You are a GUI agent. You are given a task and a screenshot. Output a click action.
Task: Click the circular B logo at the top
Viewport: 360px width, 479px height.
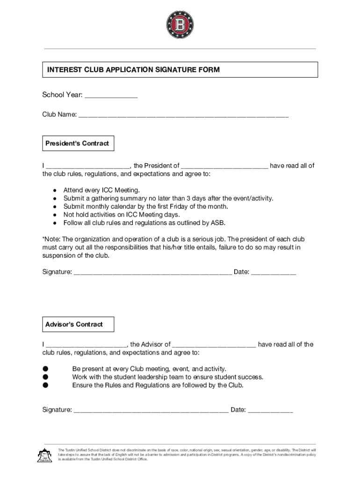coord(180,24)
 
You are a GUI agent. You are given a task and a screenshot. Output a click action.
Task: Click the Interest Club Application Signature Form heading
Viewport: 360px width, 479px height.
coord(133,70)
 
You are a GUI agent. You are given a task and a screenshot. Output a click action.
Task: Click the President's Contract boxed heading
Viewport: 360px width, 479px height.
coord(78,144)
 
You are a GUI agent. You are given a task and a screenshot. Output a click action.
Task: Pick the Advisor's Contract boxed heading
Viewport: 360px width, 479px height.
coord(74,324)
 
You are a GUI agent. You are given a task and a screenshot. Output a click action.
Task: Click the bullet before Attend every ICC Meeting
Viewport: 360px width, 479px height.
coord(55,190)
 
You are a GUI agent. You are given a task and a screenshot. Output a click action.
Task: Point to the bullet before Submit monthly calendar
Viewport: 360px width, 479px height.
coord(55,207)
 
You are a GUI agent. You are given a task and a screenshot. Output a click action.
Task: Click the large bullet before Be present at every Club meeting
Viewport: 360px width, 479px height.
coord(45,369)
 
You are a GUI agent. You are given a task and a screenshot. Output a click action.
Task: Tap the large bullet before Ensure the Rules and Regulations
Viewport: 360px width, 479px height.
coord(45,385)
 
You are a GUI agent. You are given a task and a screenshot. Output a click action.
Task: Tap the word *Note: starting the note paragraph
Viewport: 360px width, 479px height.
coord(51,239)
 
